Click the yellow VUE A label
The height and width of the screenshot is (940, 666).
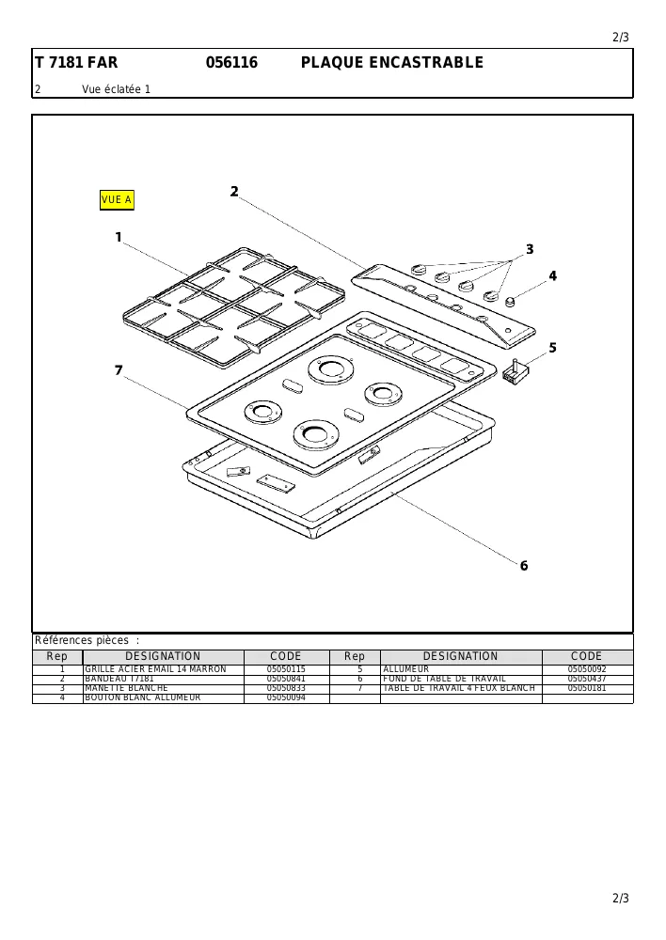click(x=117, y=200)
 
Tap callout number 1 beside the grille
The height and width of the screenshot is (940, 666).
click(x=119, y=238)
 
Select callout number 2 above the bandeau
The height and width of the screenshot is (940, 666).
click(x=234, y=192)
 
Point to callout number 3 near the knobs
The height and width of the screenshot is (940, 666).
click(x=530, y=249)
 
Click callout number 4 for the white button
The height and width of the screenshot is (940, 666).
click(x=552, y=276)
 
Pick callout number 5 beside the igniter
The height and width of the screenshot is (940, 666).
click(x=552, y=348)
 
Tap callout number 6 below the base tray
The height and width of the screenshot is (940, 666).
click(x=524, y=566)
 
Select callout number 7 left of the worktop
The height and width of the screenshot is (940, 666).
click(x=119, y=370)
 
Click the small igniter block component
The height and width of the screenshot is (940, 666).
click(x=515, y=371)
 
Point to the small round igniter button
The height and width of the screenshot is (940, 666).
click(x=511, y=302)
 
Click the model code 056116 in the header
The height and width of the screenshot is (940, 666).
click(x=231, y=62)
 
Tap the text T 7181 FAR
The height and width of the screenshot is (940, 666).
click(x=76, y=62)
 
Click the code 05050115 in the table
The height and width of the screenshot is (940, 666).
click(x=286, y=669)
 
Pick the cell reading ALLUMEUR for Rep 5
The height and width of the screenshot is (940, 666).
click(x=406, y=669)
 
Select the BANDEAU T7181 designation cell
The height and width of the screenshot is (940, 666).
click(x=119, y=679)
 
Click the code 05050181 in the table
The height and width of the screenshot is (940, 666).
click(x=587, y=688)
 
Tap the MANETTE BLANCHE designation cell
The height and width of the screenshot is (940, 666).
click(x=127, y=688)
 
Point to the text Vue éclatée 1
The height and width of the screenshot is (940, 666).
click(x=117, y=89)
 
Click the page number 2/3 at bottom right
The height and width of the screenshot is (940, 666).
click(x=621, y=898)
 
